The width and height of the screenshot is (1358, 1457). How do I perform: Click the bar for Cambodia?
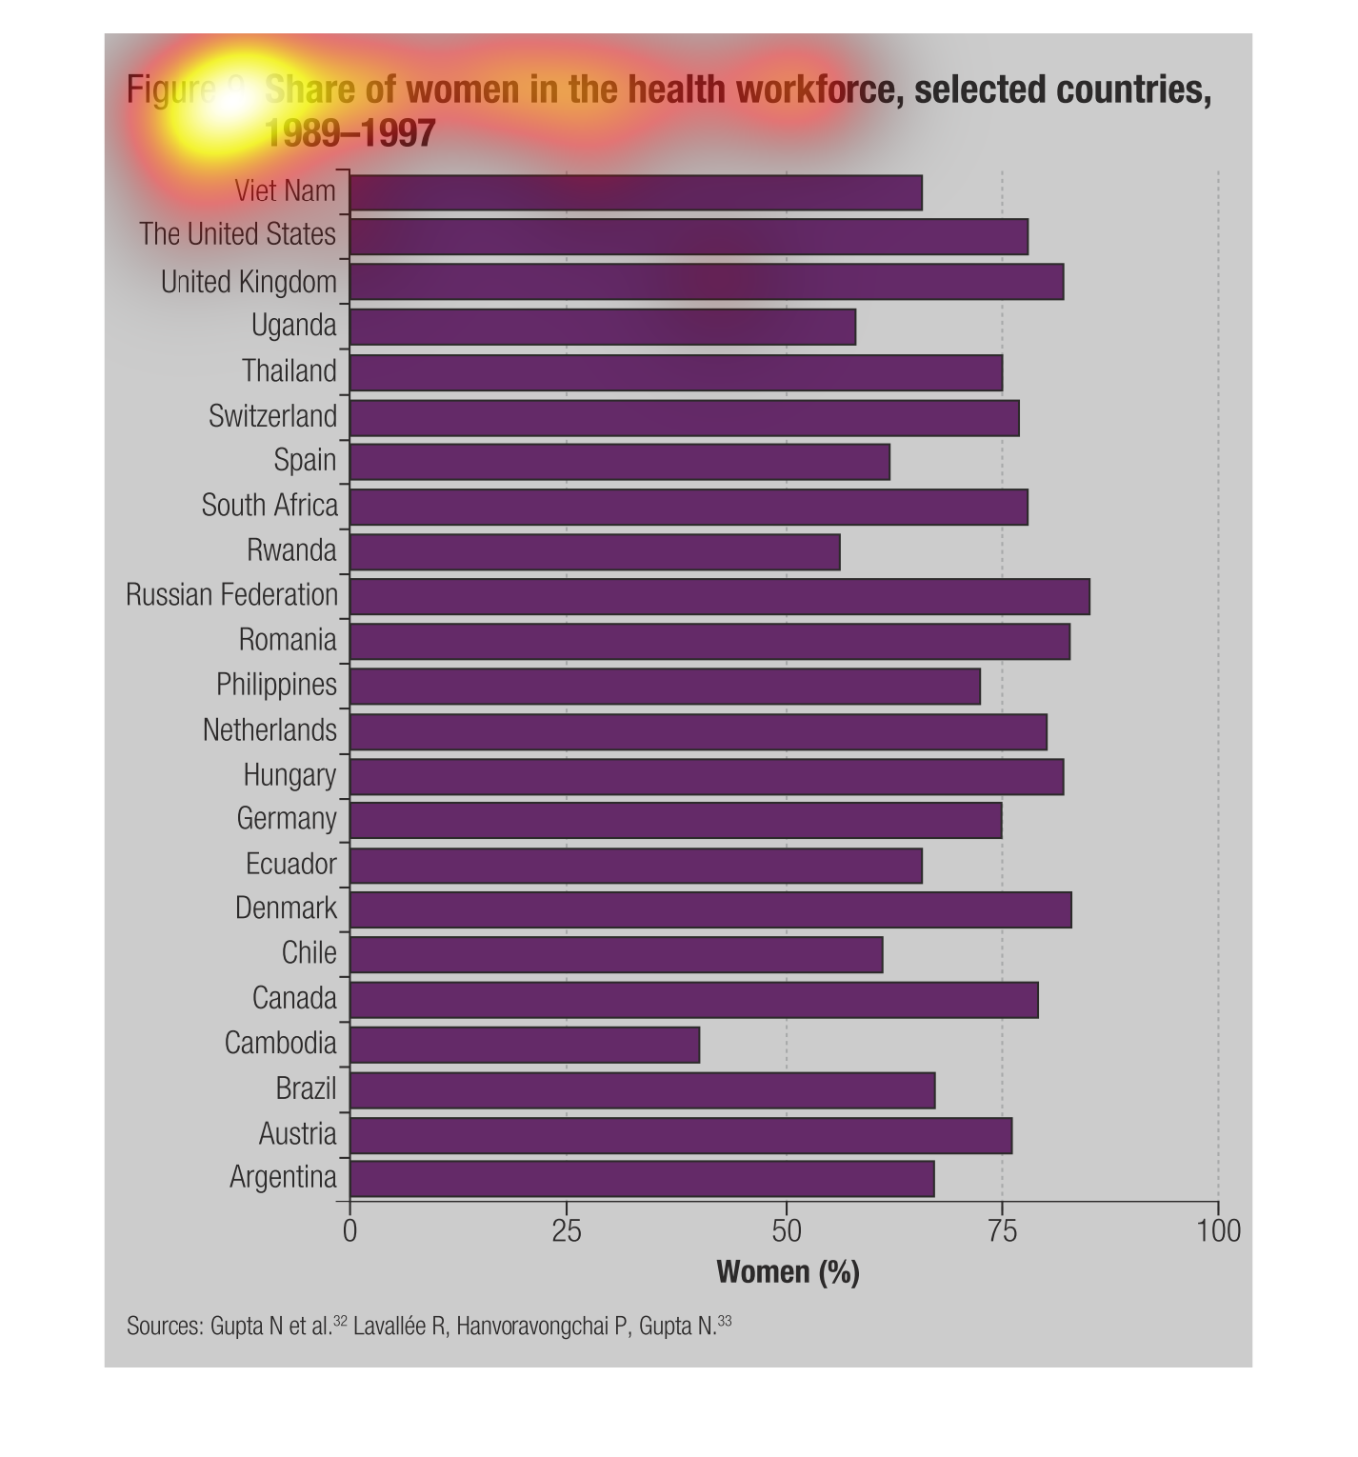pyautogui.click(x=525, y=1045)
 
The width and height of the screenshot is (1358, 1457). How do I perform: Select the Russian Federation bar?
pyautogui.click(x=720, y=596)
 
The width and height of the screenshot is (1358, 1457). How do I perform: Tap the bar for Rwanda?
pyautogui.click(x=595, y=551)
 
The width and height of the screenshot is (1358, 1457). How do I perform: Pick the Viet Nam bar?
pyautogui.click(x=636, y=192)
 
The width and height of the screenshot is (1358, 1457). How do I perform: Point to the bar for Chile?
pyautogui.click(x=616, y=954)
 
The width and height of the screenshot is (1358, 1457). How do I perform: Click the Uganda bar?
pyautogui.click(x=603, y=327)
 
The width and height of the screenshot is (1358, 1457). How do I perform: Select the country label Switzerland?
pyautogui.click(x=273, y=416)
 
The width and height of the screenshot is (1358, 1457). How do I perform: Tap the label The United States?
pyautogui.click(x=238, y=234)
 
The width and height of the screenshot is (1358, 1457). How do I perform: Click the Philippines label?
pyautogui.click(x=276, y=685)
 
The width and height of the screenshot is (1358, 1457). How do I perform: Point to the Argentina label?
pyautogui.click(x=283, y=1177)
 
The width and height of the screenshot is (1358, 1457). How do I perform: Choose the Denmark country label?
pyautogui.click(x=286, y=908)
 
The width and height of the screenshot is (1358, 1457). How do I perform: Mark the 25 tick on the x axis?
pyautogui.click(x=567, y=1231)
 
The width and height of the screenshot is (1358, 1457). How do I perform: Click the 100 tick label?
pyautogui.click(x=1218, y=1231)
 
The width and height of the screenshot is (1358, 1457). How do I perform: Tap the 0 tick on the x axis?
pyautogui.click(x=349, y=1231)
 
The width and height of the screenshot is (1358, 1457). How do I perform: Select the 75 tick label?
pyautogui.click(x=1002, y=1231)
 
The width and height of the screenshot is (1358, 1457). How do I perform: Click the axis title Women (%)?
pyautogui.click(x=788, y=1272)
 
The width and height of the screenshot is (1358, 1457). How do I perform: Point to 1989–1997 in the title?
pyautogui.click(x=349, y=133)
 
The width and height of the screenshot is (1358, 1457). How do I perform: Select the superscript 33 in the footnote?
pyautogui.click(x=726, y=1321)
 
